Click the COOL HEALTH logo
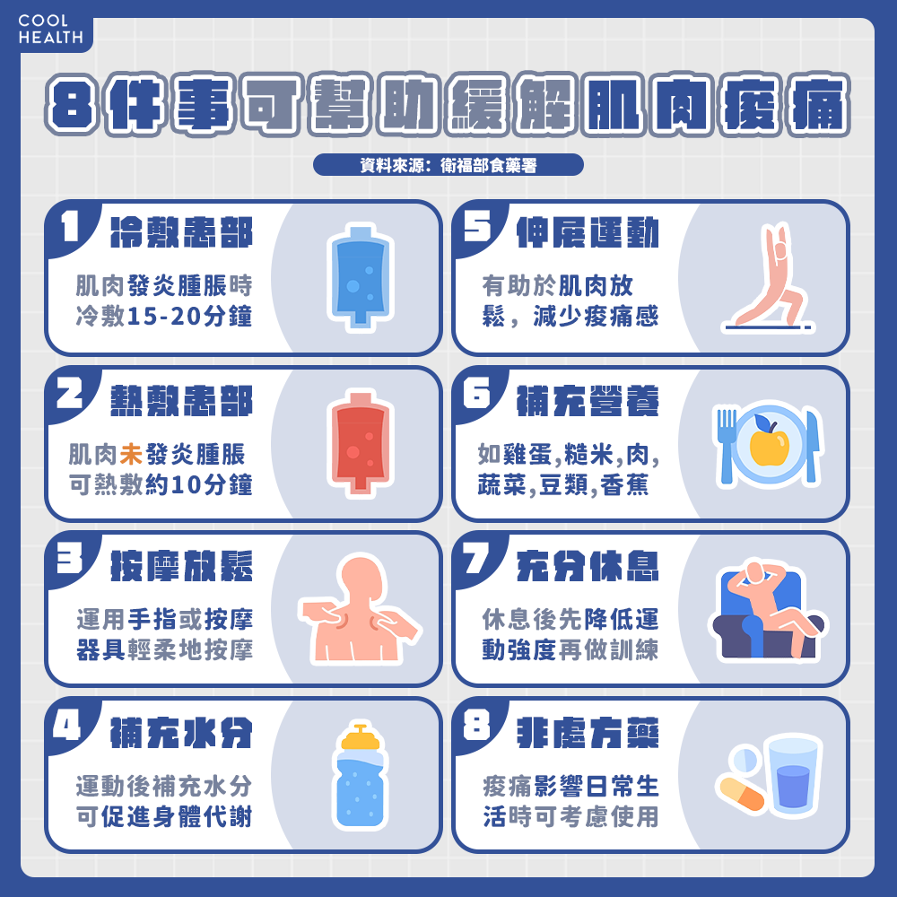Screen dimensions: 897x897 (x=50, y=30)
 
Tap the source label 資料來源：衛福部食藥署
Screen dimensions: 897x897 (x=448, y=165)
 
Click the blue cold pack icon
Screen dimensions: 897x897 (x=361, y=278)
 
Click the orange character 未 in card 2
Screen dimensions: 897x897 (x=131, y=454)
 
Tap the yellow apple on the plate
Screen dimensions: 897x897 (x=769, y=441)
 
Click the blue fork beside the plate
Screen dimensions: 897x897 (x=727, y=446)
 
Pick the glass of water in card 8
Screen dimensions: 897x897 (x=793, y=774)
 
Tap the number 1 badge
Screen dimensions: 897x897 (x=71, y=227)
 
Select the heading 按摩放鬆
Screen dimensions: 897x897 (x=181, y=566)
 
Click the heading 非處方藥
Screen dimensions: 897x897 (x=588, y=733)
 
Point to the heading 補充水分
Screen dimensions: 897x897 (x=181, y=733)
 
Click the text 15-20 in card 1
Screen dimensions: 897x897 (x=162, y=317)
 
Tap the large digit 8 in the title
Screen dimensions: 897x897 (x=71, y=105)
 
